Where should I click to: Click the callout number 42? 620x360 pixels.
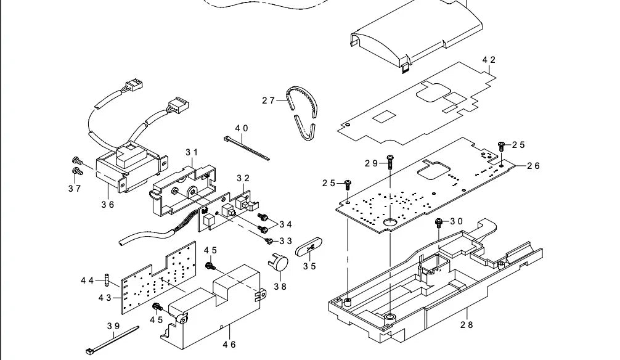click(x=489, y=60)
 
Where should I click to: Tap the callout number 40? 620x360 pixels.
click(x=241, y=128)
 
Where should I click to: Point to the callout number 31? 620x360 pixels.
click(x=192, y=152)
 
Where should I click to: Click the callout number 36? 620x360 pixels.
click(x=108, y=205)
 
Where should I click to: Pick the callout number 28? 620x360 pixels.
click(x=467, y=325)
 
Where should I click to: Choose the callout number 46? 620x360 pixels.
click(x=229, y=345)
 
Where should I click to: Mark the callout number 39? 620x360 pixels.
click(x=113, y=325)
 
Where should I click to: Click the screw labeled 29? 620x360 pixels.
click(x=390, y=162)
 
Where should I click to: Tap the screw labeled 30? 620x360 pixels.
click(x=439, y=221)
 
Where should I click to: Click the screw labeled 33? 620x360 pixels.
click(x=269, y=240)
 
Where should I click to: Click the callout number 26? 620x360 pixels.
click(x=533, y=165)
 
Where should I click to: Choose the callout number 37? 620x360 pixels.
click(x=75, y=189)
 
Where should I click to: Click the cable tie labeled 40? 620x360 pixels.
click(x=247, y=149)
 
